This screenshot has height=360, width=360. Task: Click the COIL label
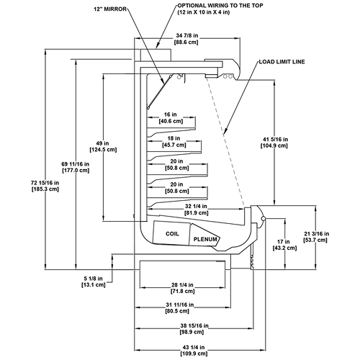[172, 234]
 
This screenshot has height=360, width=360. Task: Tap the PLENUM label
[205, 239]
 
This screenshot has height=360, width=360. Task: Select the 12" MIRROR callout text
[110, 9]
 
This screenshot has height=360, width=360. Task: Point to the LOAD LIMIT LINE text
[282, 62]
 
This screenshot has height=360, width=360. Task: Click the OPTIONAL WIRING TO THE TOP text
[220, 6]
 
